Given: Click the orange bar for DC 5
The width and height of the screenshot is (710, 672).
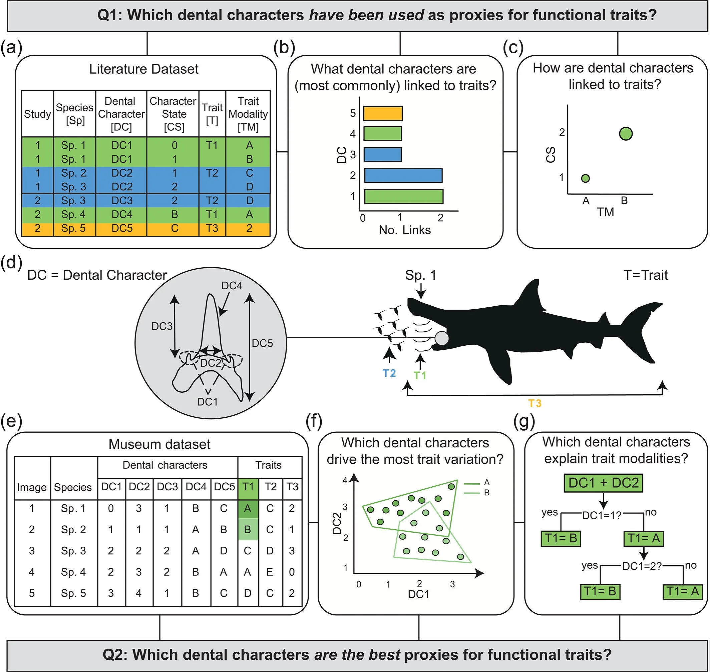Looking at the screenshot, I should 383,113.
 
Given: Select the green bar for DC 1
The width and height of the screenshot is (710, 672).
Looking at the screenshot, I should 403,197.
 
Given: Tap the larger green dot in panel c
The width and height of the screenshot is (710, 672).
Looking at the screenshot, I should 626,134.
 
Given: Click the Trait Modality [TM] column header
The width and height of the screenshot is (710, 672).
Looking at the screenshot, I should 248,114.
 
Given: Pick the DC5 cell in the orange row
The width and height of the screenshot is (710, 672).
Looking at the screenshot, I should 121,228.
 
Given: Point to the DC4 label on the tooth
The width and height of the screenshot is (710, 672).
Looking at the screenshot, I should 232,285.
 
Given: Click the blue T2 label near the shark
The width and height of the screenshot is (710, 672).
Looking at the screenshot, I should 389,373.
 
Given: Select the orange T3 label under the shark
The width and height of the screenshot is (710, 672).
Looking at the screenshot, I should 535,403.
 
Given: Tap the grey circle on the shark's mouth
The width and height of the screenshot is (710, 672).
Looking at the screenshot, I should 442,338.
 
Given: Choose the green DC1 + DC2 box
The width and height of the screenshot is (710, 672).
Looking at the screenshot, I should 604,483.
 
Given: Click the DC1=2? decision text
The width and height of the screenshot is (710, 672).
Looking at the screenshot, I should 642,566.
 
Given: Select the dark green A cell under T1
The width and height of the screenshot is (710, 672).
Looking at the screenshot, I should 248,508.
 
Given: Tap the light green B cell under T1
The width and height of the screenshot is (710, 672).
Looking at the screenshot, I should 248,529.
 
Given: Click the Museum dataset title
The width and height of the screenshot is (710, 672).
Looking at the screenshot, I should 159,444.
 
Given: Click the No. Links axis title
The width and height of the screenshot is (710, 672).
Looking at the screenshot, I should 404,230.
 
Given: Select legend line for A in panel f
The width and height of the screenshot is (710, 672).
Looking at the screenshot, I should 471,484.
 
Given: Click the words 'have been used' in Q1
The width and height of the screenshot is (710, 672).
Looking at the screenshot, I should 366,15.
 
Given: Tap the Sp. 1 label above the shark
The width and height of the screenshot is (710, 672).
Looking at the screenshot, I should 421,275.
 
